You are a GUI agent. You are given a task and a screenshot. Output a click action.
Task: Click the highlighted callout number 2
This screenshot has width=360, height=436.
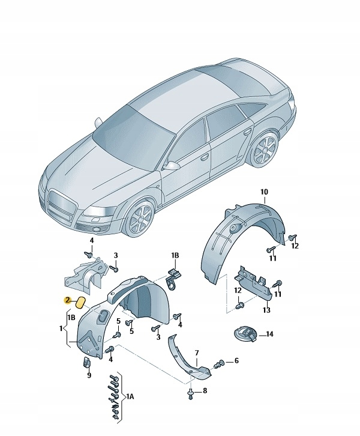(67, 300)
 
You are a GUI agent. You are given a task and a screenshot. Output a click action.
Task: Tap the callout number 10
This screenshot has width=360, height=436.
(264, 192)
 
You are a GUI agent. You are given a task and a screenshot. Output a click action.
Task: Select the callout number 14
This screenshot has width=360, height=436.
(269, 334)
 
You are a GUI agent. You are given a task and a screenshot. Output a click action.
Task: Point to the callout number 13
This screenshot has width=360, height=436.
(266, 309)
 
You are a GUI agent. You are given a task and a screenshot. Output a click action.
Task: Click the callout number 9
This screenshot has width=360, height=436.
(89, 375)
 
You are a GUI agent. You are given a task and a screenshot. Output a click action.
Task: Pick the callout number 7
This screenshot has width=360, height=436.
(197, 353)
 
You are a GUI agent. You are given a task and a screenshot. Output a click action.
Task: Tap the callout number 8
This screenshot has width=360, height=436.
(205, 391)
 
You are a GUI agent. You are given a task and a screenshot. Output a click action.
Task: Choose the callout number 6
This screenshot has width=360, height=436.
(236, 361)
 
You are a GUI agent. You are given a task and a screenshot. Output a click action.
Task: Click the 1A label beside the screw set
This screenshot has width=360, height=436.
(130, 396)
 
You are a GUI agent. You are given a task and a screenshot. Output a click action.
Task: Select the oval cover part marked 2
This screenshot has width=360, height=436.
(81, 303)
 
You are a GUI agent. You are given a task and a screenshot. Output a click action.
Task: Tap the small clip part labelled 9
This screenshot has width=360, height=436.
(86, 362)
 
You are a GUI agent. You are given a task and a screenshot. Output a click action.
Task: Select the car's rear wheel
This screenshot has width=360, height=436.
(263, 150)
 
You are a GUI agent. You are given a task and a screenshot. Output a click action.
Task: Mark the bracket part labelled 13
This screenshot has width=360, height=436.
(253, 283)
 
